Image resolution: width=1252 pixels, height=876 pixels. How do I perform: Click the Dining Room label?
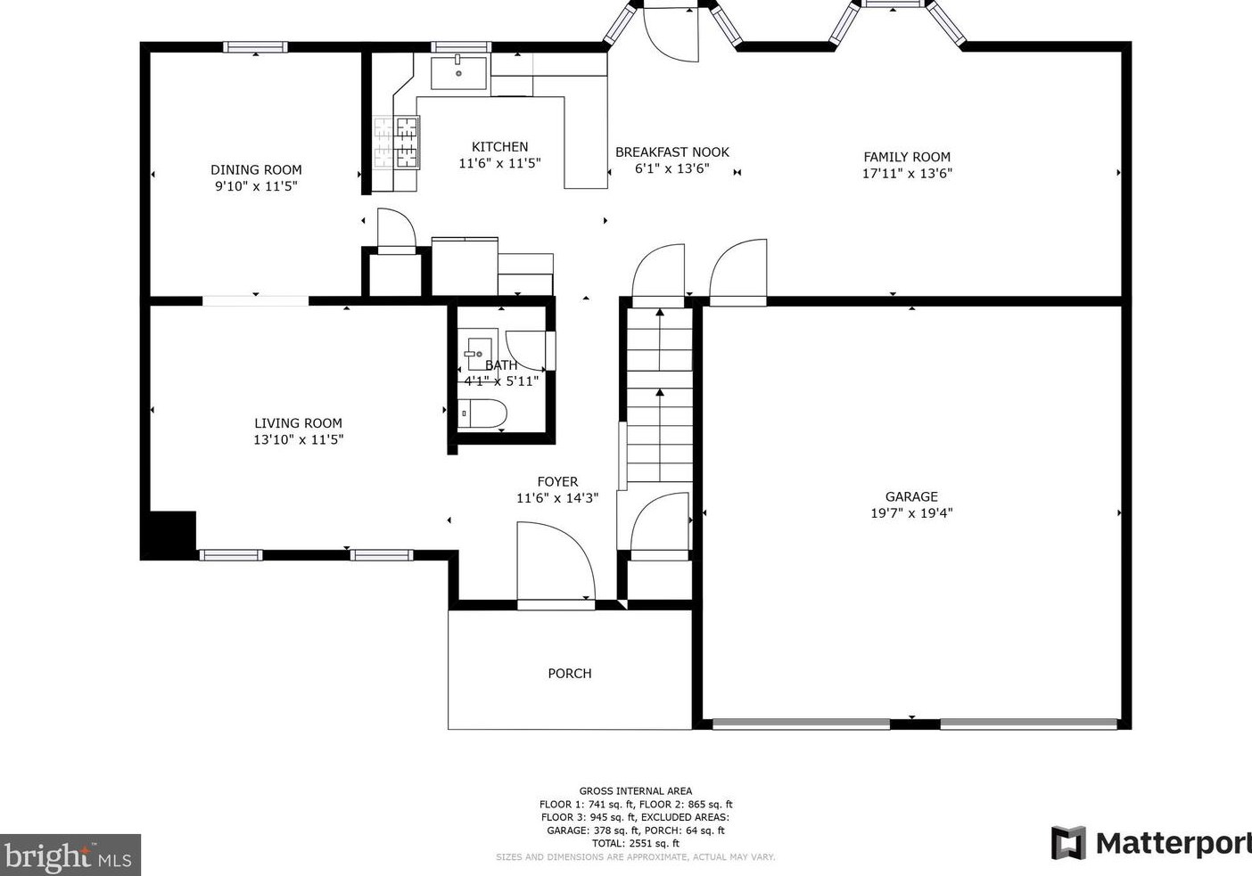pos(256,170)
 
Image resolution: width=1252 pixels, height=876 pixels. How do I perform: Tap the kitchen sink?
pos(458,72)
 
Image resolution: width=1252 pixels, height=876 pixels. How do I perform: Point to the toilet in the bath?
pos(482,413)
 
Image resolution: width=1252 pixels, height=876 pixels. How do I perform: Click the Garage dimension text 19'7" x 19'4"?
pos(911,513)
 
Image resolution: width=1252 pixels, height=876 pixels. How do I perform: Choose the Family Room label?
pos(907,157)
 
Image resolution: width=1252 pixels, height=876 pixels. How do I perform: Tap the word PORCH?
pos(570,674)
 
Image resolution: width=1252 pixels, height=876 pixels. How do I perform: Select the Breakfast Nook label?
pos(672,152)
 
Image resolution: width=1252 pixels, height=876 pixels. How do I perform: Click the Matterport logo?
pos(1150,843)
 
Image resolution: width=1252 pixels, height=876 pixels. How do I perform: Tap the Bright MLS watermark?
pos(70,855)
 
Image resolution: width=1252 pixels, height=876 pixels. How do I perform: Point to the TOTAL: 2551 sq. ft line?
pos(636,843)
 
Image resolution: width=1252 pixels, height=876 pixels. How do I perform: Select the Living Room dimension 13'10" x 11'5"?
pos(299,439)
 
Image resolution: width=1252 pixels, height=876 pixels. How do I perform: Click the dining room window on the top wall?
pos(255,47)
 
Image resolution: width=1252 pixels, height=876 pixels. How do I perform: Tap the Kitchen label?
pos(499,147)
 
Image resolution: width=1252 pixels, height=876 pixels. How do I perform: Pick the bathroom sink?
pos(479,354)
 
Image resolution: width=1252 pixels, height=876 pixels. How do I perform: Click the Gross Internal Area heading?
pos(636,791)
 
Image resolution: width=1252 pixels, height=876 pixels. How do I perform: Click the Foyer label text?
pos(558,481)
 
